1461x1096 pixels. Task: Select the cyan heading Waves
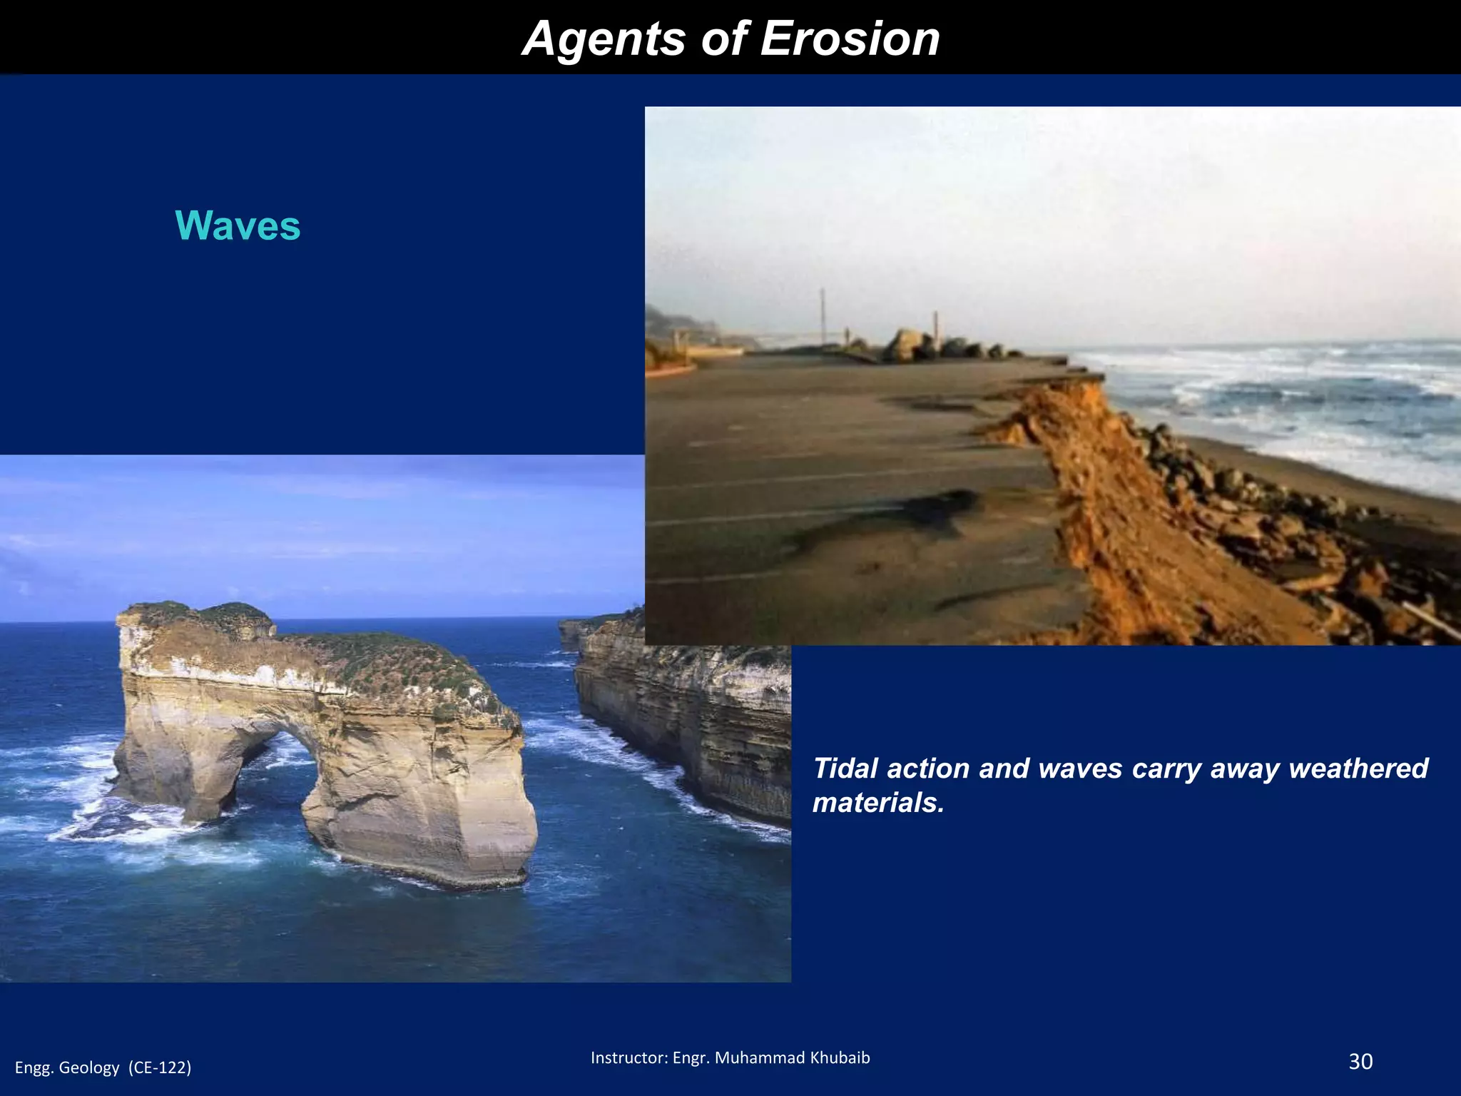(238, 226)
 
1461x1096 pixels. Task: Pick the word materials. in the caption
(878, 803)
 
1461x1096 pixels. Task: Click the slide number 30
(1360, 1062)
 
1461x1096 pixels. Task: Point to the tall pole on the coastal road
(823, 318)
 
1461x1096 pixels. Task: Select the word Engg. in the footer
(34, 1067)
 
